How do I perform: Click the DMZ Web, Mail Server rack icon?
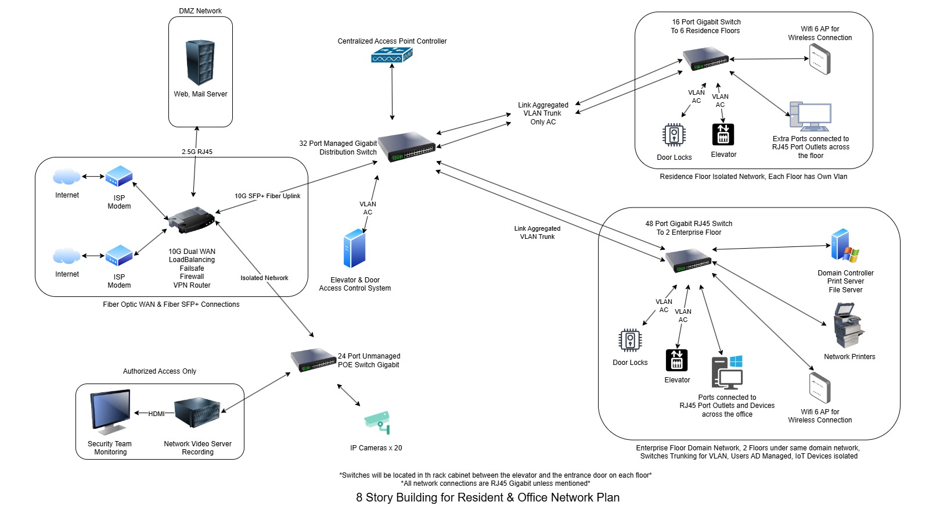click(200, 63)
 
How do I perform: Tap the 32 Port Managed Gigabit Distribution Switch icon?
click(406, 146)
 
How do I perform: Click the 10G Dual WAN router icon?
click(192, 220)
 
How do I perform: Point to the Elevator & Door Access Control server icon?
click(354, 249)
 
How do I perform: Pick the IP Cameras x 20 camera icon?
click(377, 422)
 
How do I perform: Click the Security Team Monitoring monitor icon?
click(110, 413)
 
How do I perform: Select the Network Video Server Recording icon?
click(197, 412)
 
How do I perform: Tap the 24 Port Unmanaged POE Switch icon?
click(314, 360)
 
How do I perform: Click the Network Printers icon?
click(848, 325)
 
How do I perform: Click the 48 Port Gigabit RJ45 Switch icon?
click(689, 260)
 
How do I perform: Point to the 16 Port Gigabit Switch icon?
click(706, 59)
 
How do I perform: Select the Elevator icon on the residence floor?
click(723, 134)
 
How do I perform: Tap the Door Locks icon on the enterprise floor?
click(630, 341)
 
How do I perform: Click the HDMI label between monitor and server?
click(156, 414)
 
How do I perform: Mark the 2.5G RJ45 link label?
click(197, 152)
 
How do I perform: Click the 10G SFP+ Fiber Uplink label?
click(267, 196)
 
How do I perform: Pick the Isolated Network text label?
click(264, 278)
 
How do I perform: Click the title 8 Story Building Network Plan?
click(488, 497)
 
